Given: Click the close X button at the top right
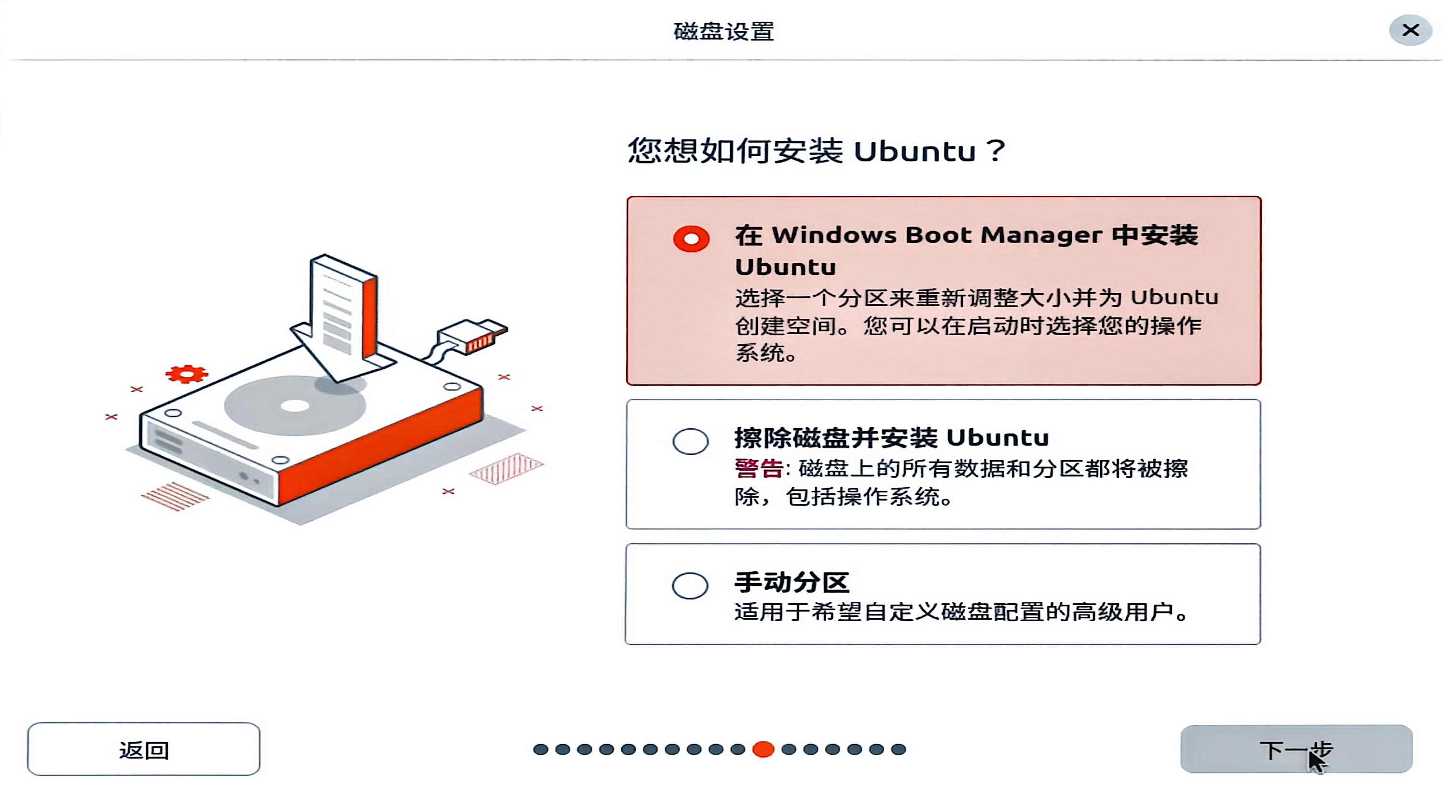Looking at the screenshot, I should (1410, 30).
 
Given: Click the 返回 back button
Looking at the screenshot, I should (144, 749).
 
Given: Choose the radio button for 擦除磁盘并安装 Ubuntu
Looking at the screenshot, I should (690, 442).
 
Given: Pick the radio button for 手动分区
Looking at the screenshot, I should (690, 586).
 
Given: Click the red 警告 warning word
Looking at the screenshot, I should (759, 468).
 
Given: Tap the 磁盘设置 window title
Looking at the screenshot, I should (723, 31).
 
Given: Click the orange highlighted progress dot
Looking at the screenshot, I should (764, 749).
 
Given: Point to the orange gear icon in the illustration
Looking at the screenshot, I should (187, 374).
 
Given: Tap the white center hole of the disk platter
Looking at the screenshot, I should (295, 406).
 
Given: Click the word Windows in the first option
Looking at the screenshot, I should (833, 235).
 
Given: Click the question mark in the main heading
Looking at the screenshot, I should (996, 150).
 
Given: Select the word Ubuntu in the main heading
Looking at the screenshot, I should (915, 151).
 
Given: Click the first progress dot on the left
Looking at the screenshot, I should (540, 749).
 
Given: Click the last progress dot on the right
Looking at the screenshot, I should (899, 749).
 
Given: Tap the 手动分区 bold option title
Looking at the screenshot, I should (792, 583).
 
